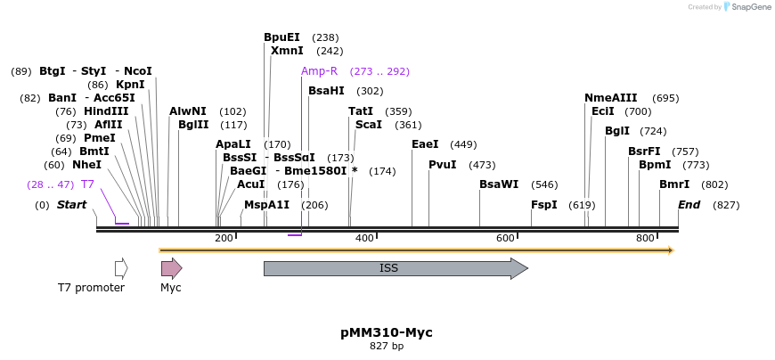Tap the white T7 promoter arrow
pos(121,268)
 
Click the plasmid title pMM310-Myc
pos(387,332)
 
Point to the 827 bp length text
pos(387,347)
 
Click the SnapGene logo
pos(747,7)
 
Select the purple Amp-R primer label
pos(319,71)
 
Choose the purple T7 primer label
pos(87,184)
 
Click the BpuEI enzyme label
pos(281,37)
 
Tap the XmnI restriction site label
pos(287,52)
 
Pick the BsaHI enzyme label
pos(326,91)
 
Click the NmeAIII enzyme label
pos(611,98)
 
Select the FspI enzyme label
pos(543,205)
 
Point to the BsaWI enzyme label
pos(499,184)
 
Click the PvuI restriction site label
pos(443,165)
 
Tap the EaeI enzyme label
pos(425,144)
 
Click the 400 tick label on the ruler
pos(363,238)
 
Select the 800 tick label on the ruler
pos(645,238)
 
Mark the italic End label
pos(689,205)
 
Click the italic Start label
pos(72,205)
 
